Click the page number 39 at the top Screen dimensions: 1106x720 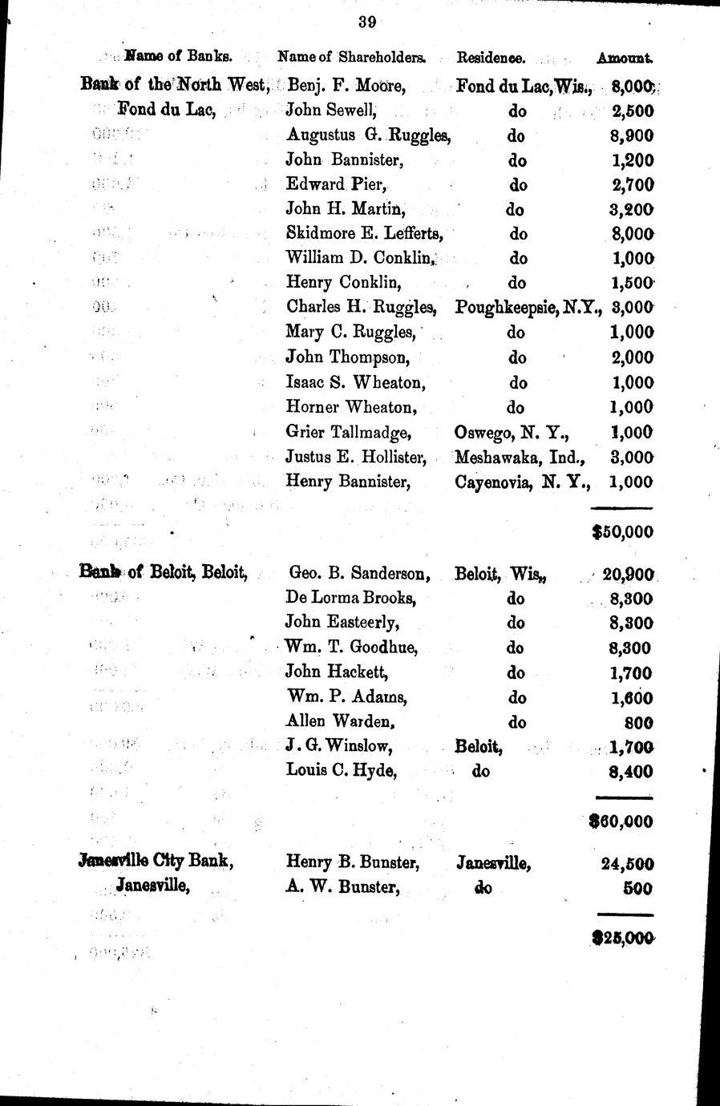[x=367, y=22]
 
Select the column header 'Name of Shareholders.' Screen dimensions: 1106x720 [x=351, y=57]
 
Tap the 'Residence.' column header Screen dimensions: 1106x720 [x=491, y=57]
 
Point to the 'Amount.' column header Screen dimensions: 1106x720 [x=625, y=58]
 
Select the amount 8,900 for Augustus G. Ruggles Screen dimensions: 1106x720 [x=632, y=135]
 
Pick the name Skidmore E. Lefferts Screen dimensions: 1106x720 [x=365, y=233]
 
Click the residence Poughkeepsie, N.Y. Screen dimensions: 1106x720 [x=528, y=306]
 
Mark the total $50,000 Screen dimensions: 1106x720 [x=621, y=531]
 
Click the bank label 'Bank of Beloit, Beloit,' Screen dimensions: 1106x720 [x=164, y=572]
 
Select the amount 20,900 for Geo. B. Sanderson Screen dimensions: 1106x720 [x=629, y=574]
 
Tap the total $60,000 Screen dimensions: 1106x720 [x=621, y=821]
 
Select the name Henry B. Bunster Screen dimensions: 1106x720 [x=353, y=863]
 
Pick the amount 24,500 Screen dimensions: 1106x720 [x=627, y=864]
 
